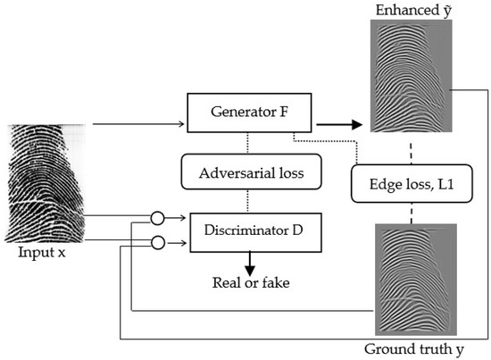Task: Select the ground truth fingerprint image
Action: tap(408, 280)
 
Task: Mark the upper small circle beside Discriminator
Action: tap(157, 216)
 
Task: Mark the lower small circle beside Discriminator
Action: tap(157, 240)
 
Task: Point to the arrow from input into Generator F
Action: tap(134, 126)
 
